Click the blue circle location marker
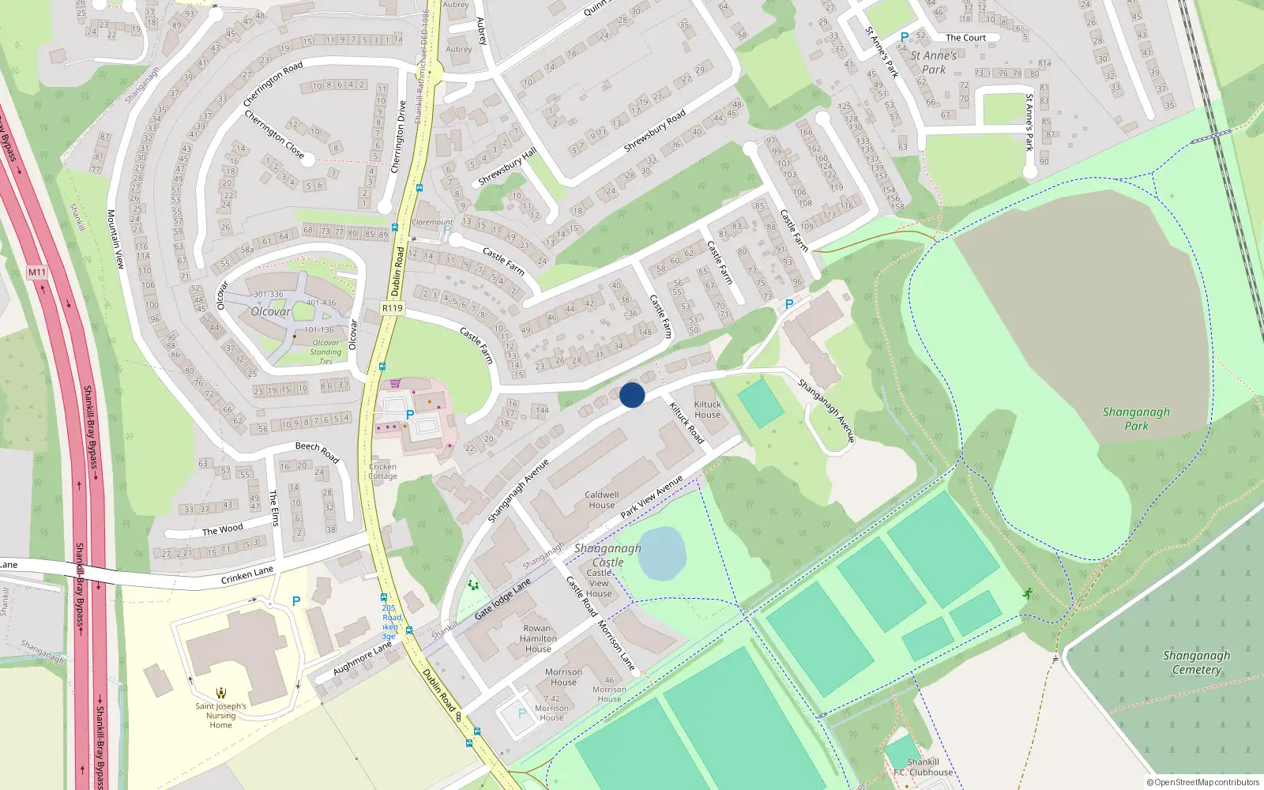[632, 395]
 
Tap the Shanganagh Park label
[1136, 419]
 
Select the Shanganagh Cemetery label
[1196, 662]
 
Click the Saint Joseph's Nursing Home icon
[221, 692]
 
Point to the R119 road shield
[392, 308]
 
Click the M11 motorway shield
[37, 273]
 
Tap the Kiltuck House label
[707, 409]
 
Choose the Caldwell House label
[601, 500]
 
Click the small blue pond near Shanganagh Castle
[661, 554]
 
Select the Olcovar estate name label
[270, 311]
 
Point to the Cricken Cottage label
[382, 471]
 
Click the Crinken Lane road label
[247, 575]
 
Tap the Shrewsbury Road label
[654, 131]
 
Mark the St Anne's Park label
[933, 62]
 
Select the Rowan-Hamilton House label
[539, 638]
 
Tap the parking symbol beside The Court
[905, 37]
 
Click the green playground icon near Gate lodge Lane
[473, 585]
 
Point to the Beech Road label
[317, 451]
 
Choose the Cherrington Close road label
[273, 134]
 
